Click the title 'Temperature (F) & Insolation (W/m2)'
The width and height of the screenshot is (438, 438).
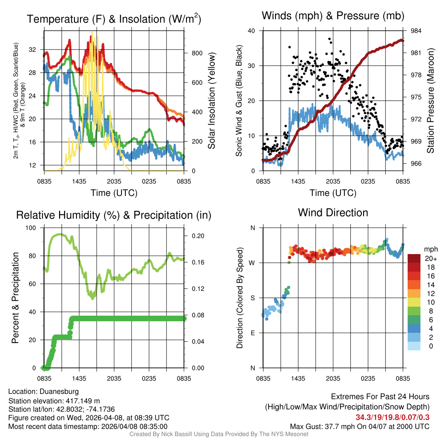[114, 19]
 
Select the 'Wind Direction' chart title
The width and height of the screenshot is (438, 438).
[333, 213]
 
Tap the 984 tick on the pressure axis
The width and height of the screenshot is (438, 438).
[416, 31]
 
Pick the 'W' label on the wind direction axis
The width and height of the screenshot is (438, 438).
[252, 263]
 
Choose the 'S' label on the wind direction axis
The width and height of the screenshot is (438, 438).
[253, 298]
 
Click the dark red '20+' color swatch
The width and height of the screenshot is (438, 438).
[414, 258]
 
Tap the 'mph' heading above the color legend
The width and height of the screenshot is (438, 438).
[430, 249]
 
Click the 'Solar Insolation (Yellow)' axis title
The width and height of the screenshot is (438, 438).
[211, 101]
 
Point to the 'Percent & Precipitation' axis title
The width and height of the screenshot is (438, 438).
[15, 298]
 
